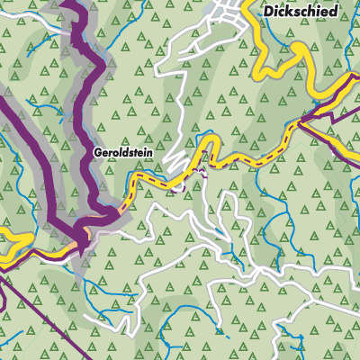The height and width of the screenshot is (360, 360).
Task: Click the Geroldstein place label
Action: (x=123, y=153)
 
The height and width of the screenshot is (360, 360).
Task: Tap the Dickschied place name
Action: (x=301, y=12)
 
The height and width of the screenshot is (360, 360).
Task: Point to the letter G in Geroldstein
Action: (x=97, y=153)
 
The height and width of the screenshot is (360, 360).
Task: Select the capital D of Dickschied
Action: (x=267, y=12)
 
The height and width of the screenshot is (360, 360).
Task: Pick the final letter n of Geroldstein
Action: (x=149, y=153)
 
